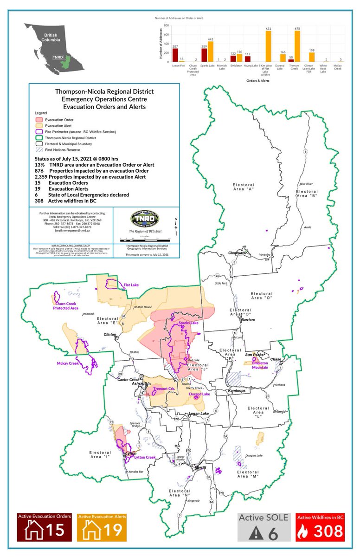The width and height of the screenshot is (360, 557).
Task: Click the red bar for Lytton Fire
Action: (175, 55)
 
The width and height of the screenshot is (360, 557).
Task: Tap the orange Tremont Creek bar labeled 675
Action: (297, 46)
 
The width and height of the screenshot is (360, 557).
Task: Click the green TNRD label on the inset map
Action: (58, 58)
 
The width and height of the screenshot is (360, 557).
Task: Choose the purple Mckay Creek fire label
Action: (68, 363)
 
